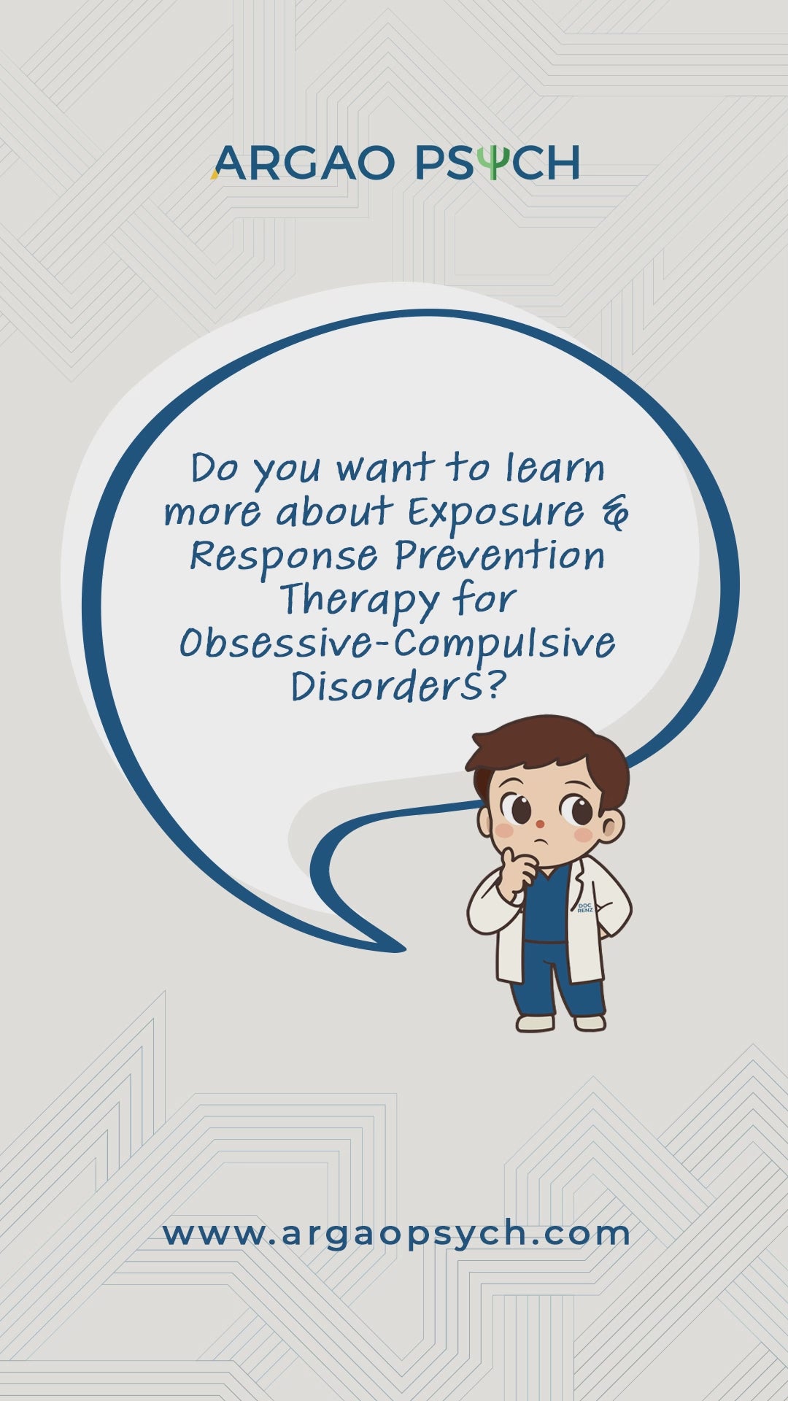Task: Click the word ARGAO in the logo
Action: coord(303,163)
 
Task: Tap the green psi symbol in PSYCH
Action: coord(495,163)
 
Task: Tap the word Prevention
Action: coord(500,556)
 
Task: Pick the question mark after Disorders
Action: coord(495,685)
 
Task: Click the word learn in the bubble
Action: coord(555,468)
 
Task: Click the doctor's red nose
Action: coord(540,825)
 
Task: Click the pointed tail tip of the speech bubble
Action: coord(403,949)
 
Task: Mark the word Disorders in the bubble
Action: coord(386,687)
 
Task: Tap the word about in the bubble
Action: coord(335,512)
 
